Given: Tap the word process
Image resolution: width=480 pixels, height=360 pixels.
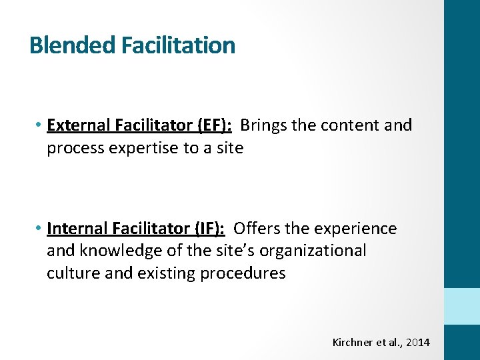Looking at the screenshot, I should (x=75, y=148).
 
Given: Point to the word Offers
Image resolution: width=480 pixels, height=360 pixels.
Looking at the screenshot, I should (x=256, y=229).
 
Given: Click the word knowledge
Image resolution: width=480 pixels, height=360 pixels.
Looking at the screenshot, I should (x=117, y=251).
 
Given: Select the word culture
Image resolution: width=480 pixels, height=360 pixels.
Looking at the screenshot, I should (x=70, y=273).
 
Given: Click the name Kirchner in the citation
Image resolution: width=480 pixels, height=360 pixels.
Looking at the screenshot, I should (x=351, y=342).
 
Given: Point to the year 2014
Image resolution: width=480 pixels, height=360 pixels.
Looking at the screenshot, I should (x=418, y=342).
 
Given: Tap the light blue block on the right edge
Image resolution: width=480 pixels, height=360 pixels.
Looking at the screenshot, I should (x=461, y=307).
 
